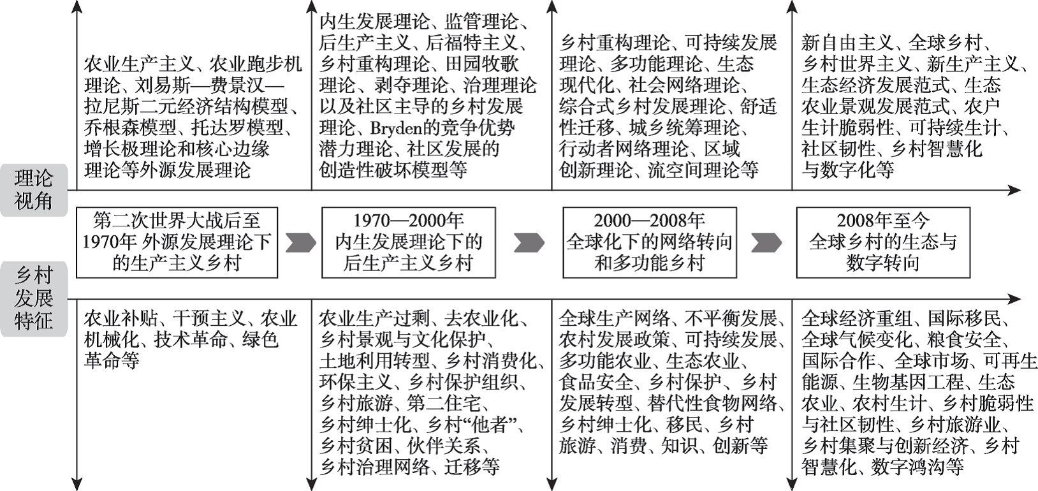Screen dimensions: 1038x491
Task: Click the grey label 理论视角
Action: [x=34, y=190]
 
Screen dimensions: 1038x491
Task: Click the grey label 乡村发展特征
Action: [x=34, y=298]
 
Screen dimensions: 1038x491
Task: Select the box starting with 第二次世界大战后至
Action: [x=177, y=242]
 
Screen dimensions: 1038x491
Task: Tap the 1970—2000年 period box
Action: [x=409, y=242]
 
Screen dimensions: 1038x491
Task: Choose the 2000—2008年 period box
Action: [x=650, y=242]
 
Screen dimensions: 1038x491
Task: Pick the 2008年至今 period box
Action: [x=883, y=242]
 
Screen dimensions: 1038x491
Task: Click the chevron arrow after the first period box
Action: [x=301, y=242]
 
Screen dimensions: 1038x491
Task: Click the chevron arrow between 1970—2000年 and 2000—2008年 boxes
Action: [x=529, y=242]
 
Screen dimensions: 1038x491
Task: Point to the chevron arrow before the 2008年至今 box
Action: [x=766, y=242]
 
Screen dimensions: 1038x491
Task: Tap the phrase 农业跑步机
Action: [x=256, y=64]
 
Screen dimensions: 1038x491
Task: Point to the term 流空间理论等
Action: [x=703, y=170]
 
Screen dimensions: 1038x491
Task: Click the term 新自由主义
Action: [x=847, y=43]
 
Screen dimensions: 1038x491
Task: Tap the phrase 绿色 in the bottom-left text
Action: [x=260, y=340]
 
